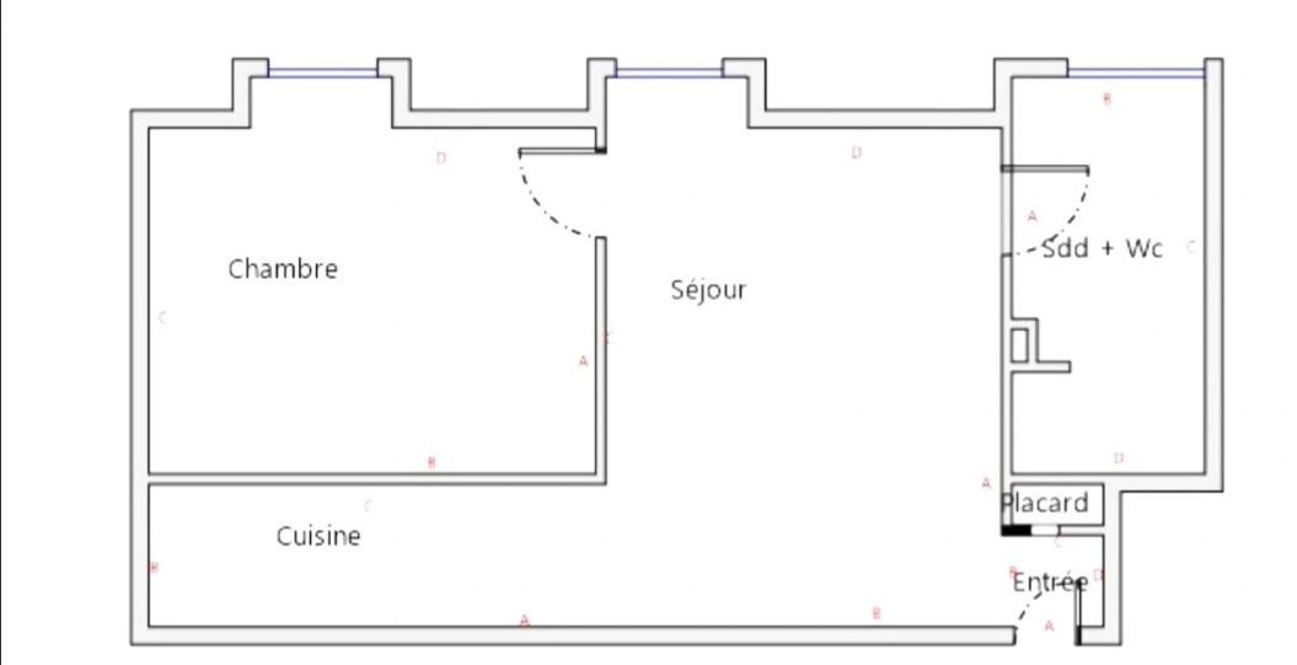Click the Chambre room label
pyautogui.click(x=283, y=269)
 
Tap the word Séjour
pyautogui.click(x=708, y=289)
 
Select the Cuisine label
pyautogui.click(x=318, y=536)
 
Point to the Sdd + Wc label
pyautogui.click(x=1102, y=248)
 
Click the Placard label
pyautogui.click(x=1045, y=503)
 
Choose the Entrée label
pyautogui.click(x=1050, y=582)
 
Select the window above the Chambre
pyautogui.click(x=322, y=73)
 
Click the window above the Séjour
pyautogui.click(x=669, y=73)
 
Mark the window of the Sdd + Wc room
pyautogui.click(x=1136, y=73)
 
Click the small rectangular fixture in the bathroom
pyautogui.click(x=1019, y=345)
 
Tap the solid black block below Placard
pyautogui.click(x=1016, y=530)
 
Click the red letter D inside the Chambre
pyautogui.click(x=441, y=158)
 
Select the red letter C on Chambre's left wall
pyautogui.click(x=163, y=318)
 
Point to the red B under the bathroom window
pyautogui.click(x=1107, y=99)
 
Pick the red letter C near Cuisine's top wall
pyautogui.click(x=368, y=506)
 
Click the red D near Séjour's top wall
pyautogui.click(x=856, y=152)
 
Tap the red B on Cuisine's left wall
pyautogui.click(x=154, y=567)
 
